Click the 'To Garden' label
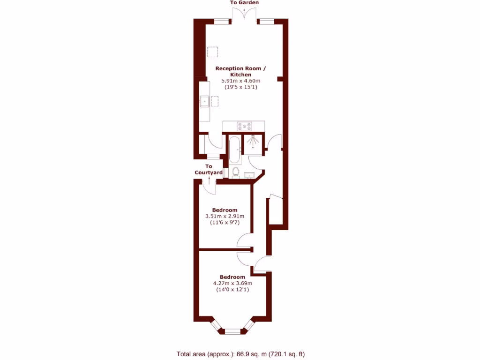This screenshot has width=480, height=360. click(x=244, y=3)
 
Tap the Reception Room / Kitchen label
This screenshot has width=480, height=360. click(x=240, y=71)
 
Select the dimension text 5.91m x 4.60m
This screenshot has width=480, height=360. click(x=240, y=81)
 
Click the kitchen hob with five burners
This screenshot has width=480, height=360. click(x=244, y=126)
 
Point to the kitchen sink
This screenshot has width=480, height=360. click(x=204, y=101)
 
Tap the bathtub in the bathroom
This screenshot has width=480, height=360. click(x=234, y=149)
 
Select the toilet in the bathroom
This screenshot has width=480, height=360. click(x=235, y=172)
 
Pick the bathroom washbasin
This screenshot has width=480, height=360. click(x=249, y=176)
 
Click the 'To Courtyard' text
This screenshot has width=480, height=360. click(x=209, y=170)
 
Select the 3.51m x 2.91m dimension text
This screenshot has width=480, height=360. click(x=225, y=216)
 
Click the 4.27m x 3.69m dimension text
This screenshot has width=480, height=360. click(x=232, y=283)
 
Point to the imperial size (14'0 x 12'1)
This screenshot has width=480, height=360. click(x=232, y=290)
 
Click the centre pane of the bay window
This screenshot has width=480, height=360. click(x=232, y=331)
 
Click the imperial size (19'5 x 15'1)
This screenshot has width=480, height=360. click(x=240, y=87)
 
